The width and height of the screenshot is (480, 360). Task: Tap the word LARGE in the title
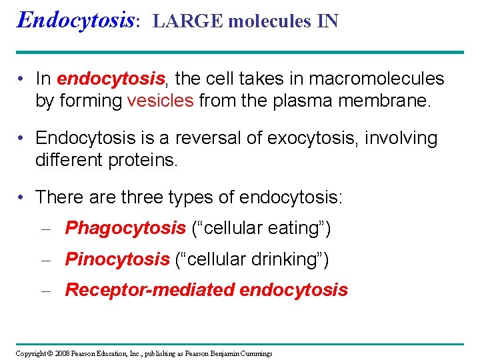click(187, 21)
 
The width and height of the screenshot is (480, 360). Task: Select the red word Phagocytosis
click(125, 228)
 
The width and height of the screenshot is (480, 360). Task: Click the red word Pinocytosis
click(117, 259)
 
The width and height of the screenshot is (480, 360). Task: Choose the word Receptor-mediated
click(149, 290)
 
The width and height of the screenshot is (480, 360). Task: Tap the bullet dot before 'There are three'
click(22, 198)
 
